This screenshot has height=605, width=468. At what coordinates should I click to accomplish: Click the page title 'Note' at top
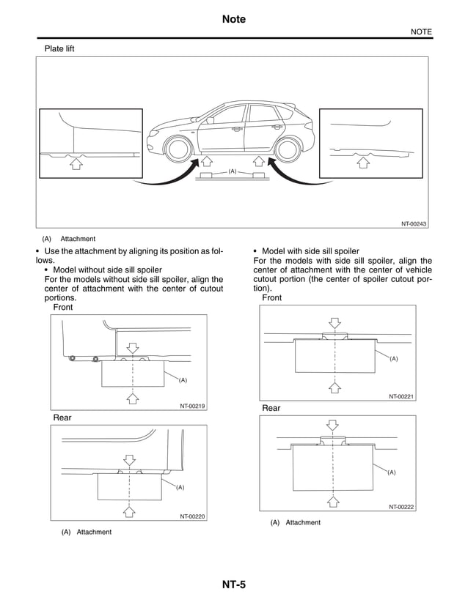coord(233,19)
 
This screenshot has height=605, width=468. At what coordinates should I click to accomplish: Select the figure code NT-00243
coord(414,223)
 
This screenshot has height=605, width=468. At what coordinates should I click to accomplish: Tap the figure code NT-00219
coord(192,405)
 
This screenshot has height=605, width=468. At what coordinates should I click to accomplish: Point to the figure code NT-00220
coord(192,516)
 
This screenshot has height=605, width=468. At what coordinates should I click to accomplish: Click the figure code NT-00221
coord(401,396)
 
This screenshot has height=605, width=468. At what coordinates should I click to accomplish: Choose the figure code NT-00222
coord(401,506)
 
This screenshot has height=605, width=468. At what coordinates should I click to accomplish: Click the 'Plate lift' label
coord(59,49)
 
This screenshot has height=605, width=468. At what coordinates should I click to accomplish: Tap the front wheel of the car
coord(176,149)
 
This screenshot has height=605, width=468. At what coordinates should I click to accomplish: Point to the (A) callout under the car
coord(233,171)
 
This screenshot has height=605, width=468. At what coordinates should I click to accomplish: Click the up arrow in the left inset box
coord(75,165)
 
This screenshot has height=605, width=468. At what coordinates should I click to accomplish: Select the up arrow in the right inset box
coord(361,163)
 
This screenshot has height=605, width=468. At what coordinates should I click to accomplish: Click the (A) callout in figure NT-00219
coord(183,380)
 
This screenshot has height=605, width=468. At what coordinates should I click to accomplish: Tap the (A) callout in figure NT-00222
coord(392,472)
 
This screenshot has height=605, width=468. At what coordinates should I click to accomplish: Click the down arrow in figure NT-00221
coord(334,323)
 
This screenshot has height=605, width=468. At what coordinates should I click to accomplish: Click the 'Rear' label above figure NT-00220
coord(62,417)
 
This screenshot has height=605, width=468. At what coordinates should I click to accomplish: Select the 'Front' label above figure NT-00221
coord(271,298)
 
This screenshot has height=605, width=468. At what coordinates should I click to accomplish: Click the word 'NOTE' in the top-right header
coord(420,31)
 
